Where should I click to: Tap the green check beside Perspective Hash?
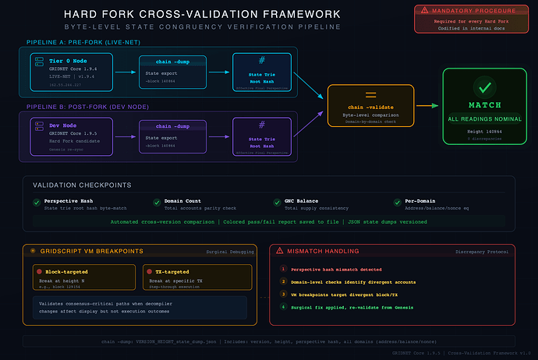pos(36,203)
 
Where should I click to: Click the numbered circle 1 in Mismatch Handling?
pos(283,269)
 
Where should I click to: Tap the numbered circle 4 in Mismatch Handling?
pos(283,308)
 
